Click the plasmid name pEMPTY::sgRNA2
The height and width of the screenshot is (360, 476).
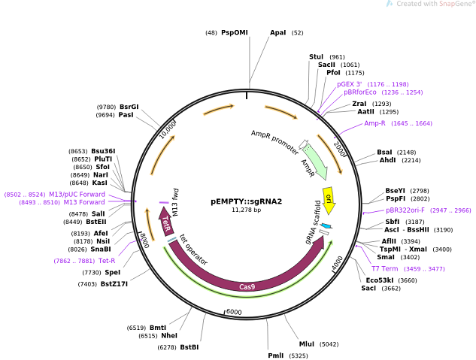coord(246,201)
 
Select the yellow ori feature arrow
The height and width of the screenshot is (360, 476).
coord(329,200)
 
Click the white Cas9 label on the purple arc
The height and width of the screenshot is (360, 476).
coord(247,286)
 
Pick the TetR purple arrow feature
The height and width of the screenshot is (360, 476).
coord(166,223)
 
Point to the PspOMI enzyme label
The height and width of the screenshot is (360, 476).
coord(235,32)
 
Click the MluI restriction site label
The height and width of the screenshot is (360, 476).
coord(307,343)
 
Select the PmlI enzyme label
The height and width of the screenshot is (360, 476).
coord(276,355)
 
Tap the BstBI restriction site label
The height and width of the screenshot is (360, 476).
coord(189,346)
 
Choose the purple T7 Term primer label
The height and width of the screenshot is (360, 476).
coord(384,268)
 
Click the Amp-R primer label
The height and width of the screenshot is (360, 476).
coord(374,123)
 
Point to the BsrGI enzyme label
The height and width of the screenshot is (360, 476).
coord(129,107)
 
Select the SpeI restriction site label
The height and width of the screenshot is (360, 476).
coord(112,272)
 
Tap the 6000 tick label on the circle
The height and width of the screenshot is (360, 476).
coord(234,312)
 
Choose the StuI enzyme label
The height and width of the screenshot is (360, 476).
coord(316,56)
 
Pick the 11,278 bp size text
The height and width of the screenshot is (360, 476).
coord(246,210)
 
